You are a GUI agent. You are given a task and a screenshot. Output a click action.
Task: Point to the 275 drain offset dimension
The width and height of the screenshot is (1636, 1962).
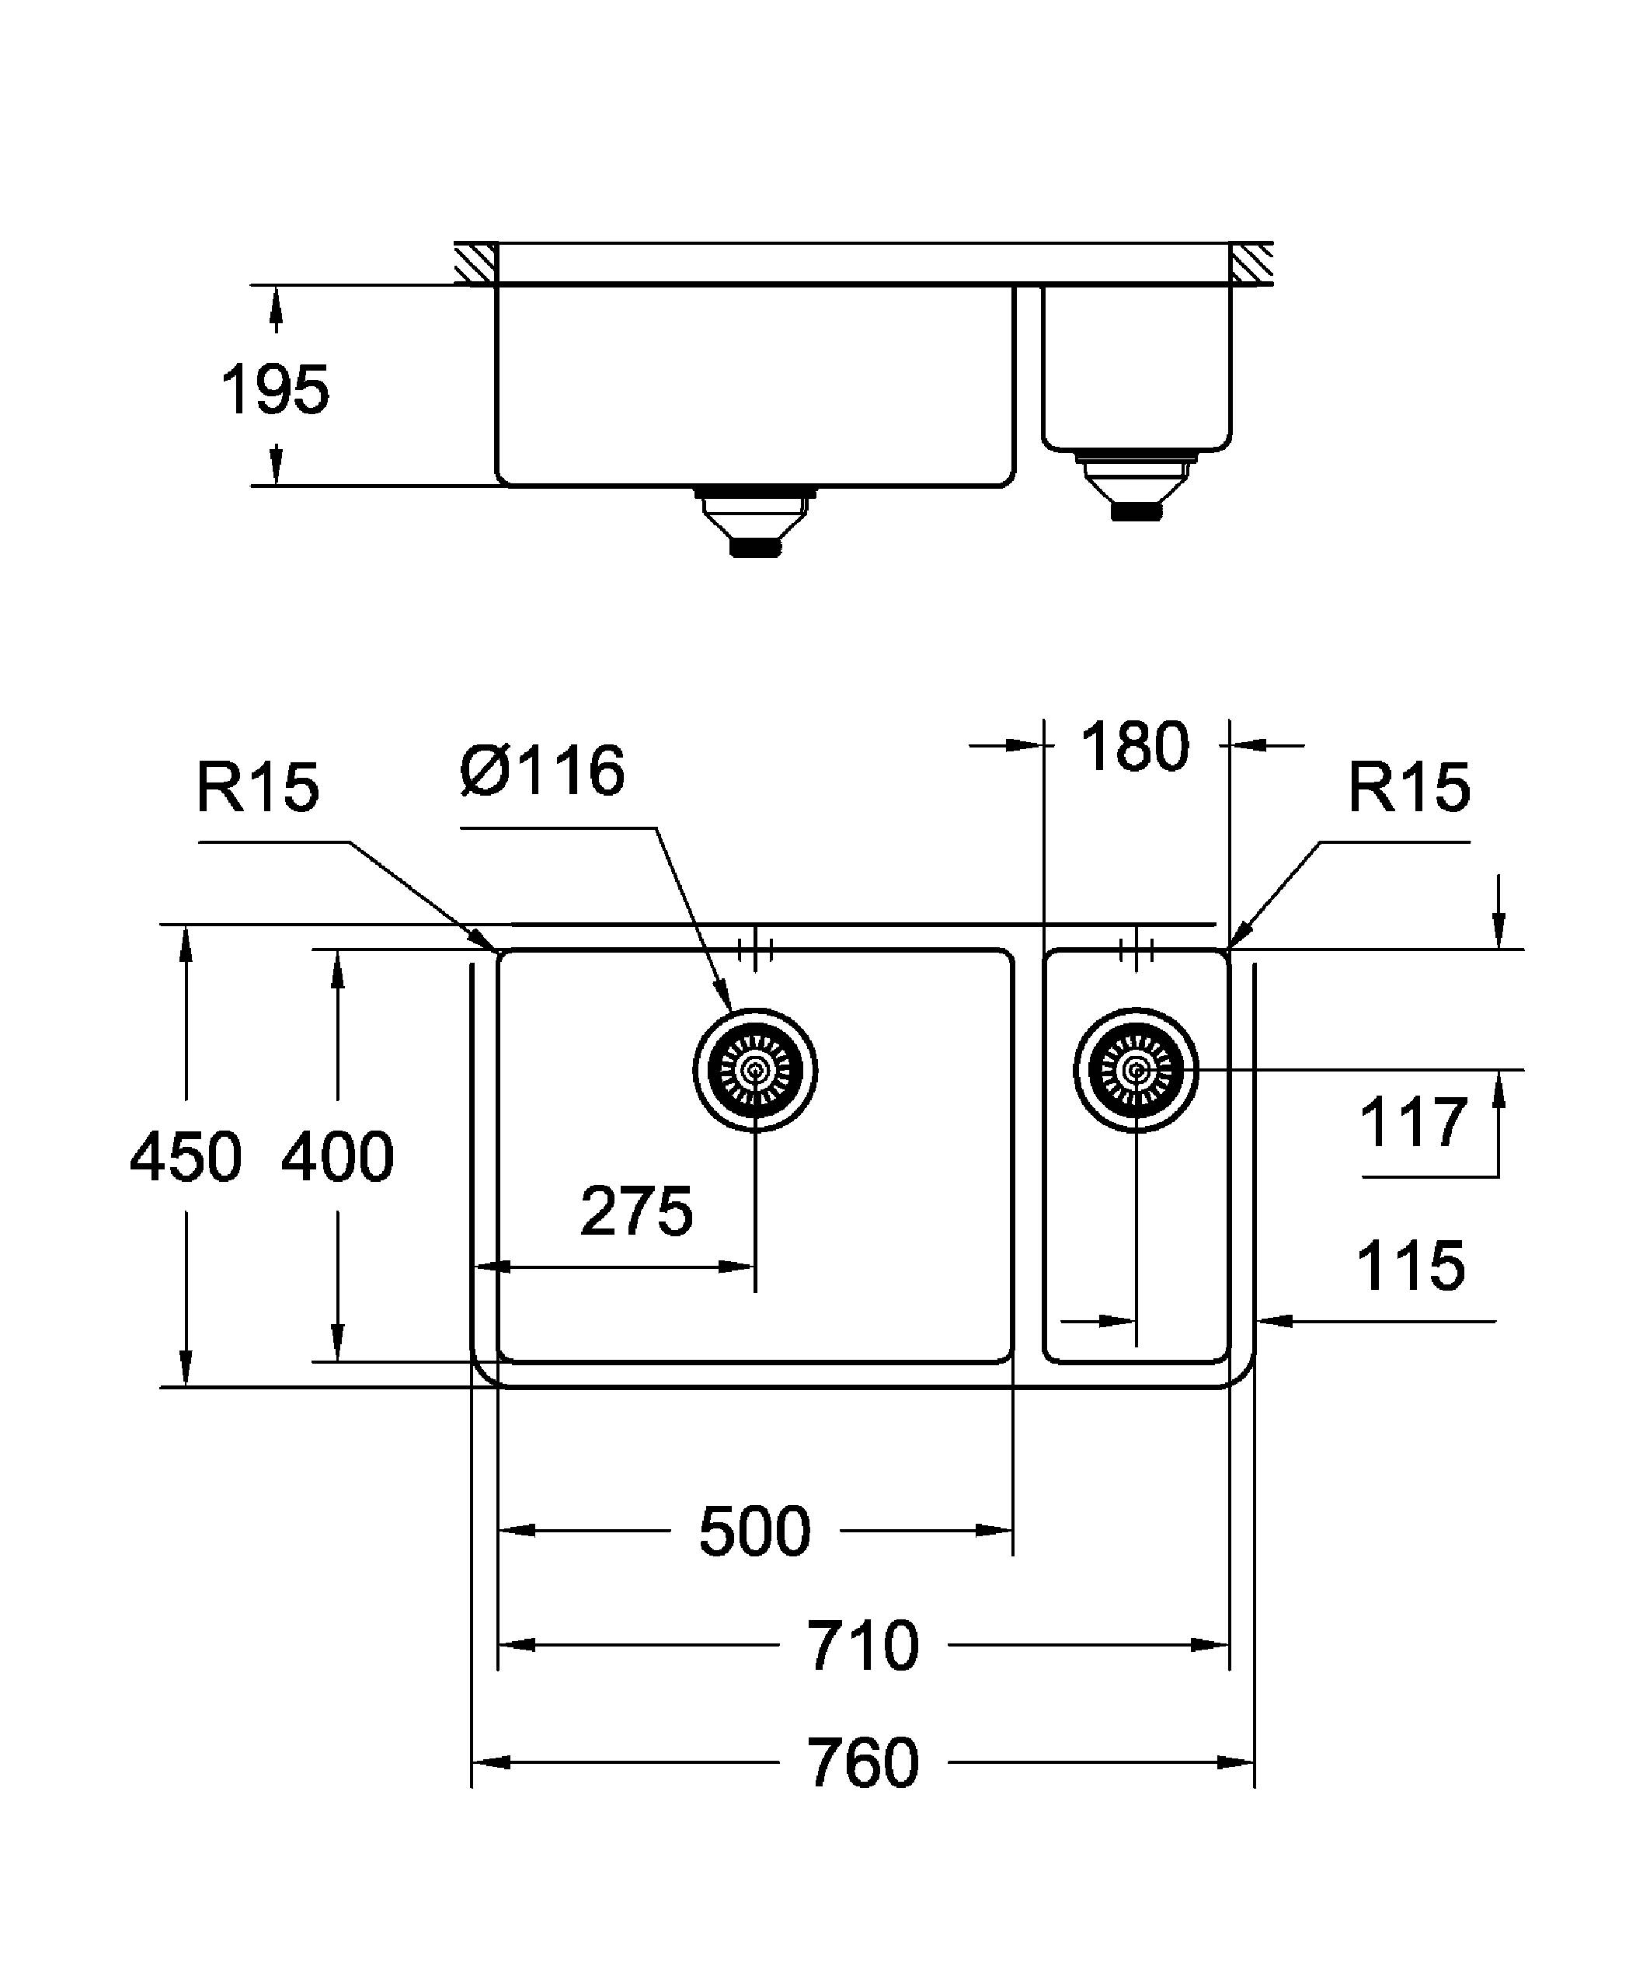[636, 1211]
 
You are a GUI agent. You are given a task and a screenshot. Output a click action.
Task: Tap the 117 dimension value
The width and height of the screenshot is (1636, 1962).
[1413, 1123]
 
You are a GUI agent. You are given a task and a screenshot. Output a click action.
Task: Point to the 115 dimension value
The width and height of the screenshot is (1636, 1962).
[1410, 1267]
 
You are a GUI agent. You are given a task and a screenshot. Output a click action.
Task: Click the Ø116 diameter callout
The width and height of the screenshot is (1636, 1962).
[542, 772]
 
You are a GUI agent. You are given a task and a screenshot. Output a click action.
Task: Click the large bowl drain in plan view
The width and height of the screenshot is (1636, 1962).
[754, 1071]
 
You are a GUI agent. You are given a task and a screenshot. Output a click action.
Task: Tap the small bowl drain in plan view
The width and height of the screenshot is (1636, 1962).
[1136, 1070]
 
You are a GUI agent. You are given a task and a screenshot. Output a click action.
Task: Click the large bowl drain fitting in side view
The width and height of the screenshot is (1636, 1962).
[754, 521]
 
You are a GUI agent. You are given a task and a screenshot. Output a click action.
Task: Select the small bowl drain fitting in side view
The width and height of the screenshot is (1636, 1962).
[1136, 481]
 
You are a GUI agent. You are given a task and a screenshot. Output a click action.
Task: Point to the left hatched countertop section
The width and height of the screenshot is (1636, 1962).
[476, 263]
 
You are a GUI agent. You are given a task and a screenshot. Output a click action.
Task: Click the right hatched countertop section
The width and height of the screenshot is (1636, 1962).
[1251, 263]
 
